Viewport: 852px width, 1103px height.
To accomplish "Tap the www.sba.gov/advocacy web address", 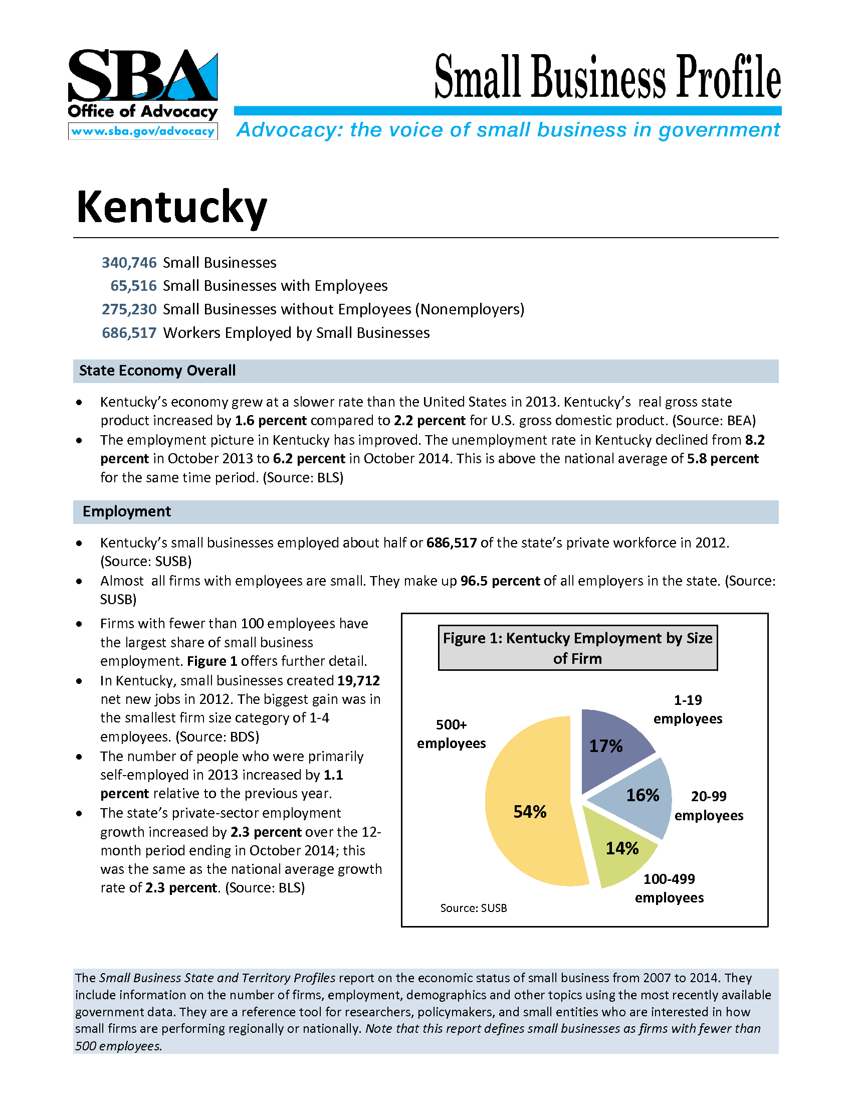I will click(x=143, y=131).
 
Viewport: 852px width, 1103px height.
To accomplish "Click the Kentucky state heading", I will click(x=171, y=207).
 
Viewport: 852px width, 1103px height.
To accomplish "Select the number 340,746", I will click(x=129, y=263).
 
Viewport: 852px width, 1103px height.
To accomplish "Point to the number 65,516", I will click(x=133, y=286).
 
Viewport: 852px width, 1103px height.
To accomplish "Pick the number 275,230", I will click(x=129, y=309).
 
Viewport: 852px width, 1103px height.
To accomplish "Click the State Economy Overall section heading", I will click(x=157, y=371).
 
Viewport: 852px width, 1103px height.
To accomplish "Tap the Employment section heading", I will click(x=127, y=511).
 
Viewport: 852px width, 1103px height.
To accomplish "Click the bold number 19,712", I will click(x=358, y=680).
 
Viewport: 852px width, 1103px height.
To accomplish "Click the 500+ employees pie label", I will click(x=451, y=734).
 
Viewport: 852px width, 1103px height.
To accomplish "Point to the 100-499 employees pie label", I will click(x=669, y=888).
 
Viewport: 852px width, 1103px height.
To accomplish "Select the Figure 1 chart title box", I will click(x=577, y=648).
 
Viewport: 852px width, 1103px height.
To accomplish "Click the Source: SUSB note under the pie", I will click(x=474, y=908).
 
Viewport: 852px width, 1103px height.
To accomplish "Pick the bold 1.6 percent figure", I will click(x=271, y=421).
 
